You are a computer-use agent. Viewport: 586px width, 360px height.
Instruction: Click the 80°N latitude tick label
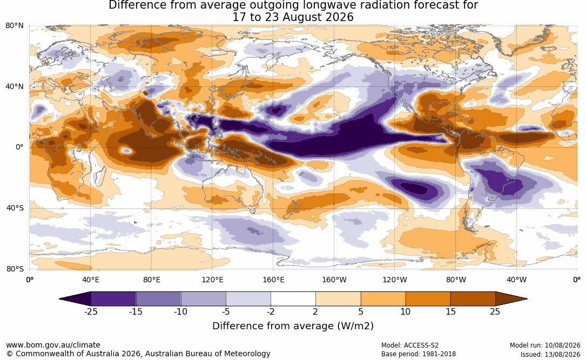click(15, 26)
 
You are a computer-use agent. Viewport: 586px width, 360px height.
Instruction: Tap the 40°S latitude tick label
click(15, 208)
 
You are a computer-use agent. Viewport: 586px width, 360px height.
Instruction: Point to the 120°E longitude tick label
click(212, 280)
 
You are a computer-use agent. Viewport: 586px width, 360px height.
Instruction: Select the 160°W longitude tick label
click(334, 280)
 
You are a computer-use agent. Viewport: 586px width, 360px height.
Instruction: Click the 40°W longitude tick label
click(516, 280)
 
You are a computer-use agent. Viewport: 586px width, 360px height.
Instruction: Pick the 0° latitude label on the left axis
click(19, 147)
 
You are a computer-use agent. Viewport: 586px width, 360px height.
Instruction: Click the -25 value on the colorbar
click(90, 311)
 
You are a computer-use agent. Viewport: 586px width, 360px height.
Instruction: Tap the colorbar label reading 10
click(406, 311)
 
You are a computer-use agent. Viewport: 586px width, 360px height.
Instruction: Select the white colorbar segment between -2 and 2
click(293, 299)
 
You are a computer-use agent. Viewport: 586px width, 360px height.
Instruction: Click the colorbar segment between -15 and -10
click(158, 299)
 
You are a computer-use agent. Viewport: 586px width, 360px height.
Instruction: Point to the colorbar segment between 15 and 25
click(473, 299)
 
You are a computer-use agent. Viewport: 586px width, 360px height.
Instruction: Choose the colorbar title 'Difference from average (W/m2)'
click(293, 326)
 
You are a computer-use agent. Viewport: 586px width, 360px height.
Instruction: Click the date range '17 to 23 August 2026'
click(293, 17)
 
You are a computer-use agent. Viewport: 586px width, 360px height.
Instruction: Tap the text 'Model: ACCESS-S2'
click(410, 345)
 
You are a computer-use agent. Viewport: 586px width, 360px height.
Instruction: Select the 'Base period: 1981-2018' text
click(419, 354)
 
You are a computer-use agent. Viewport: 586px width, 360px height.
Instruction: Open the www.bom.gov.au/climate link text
click(53, 345)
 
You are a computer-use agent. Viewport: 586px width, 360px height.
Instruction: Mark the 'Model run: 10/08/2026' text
click(545, 345)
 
